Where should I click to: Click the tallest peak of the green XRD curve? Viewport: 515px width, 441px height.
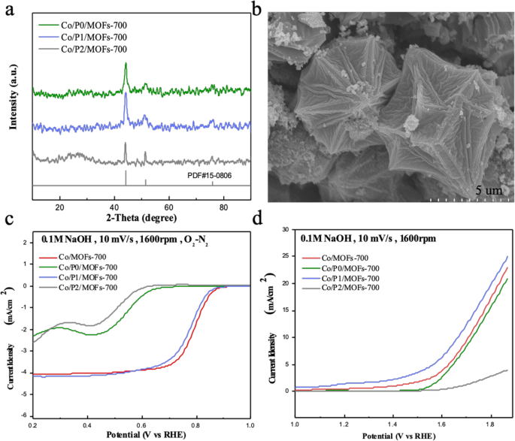point(126,64)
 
